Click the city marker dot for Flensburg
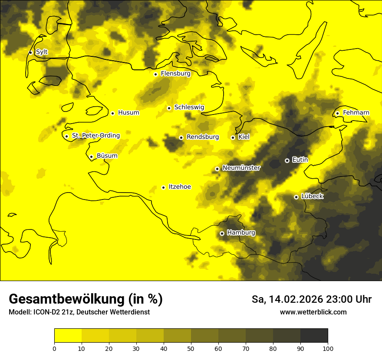[155, 74]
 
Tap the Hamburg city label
[241, 233]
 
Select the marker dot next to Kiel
[233, 137]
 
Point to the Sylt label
[42, 52]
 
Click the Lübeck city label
[312, 196]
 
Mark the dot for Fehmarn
[337, 113]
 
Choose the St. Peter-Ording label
[95, 136]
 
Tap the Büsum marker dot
[91, 157]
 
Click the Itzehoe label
[180, 187]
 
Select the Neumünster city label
[241, 168]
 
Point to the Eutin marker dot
[287, 160]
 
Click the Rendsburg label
[203, 137]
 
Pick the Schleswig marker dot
[169, 108]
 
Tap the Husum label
[128, 113]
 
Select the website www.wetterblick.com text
[313, 312]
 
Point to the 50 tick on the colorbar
[191, 348]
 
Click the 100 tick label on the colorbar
[328, 348]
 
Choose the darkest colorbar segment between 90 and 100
[314, 335]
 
